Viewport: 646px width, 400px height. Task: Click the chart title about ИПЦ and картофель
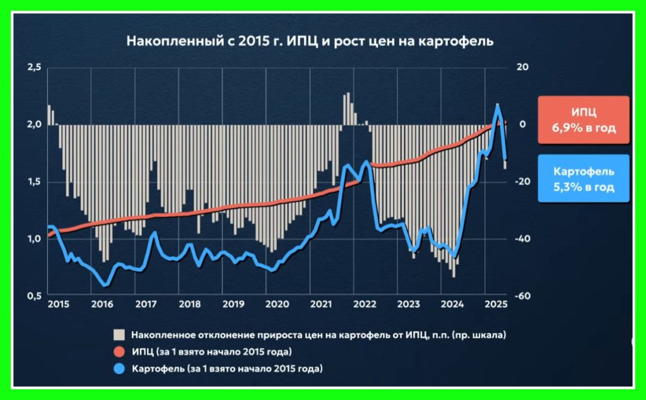click(x=310, y=42)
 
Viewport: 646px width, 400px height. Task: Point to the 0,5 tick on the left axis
click(x=35, y=296)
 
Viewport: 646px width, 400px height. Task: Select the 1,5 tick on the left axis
click(x=35, y=181)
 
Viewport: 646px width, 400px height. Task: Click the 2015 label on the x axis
click(x=59, y=305)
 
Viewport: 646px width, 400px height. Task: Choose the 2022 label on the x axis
click(x=365, y=305)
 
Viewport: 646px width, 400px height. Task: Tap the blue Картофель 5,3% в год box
click(x=584, y=179)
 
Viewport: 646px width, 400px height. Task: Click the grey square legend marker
click(x=117, y=334)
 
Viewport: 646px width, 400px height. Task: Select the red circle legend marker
click(x=117, y=351)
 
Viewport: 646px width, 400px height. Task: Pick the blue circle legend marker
click(x=117, y=368)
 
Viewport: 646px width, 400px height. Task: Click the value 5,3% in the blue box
click(x=570, y=188)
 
